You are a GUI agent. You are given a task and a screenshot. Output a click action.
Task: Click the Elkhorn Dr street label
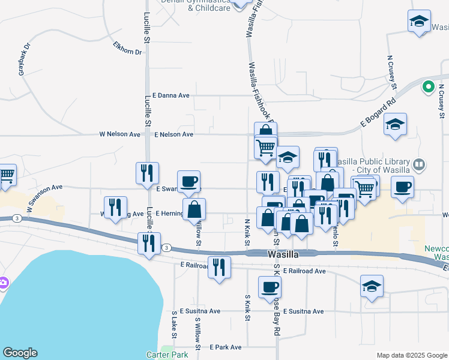[x=127, y=48]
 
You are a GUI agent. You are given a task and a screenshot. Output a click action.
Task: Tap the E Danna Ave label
[x=171, y=95]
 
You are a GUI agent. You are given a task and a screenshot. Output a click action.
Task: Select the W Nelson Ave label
[x=119, y=135]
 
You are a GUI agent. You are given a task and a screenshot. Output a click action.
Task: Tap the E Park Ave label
[x=225, y=347]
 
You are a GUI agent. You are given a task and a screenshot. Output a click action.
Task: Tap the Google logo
[x=20, y=353]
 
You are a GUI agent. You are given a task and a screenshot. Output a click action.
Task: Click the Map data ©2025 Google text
[x=411, y=355]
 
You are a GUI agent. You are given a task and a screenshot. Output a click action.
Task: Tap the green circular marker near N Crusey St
[x=429, y=87]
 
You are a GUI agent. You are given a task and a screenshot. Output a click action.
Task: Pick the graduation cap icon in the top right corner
[x=418, y=21]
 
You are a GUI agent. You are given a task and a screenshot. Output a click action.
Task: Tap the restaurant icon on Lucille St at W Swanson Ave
[x=147, y=173]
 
